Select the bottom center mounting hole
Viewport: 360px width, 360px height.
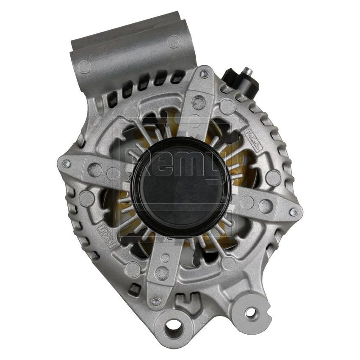pyautogui.click(x=173, y=326)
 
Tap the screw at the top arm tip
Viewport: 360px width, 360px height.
pyautogui.click(x=204, y=75)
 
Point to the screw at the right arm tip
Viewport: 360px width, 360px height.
pyautogui.click(x=292, y=210)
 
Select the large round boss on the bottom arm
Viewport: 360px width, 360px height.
pyautogui.click(x=162, y=273)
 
